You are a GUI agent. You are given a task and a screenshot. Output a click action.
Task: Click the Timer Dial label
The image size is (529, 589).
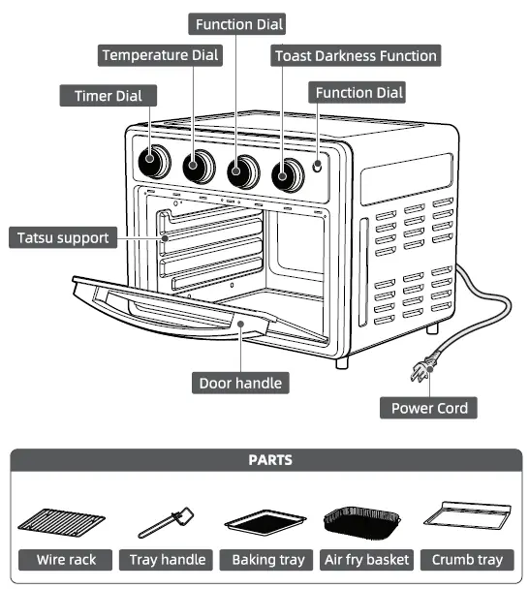pyautogui.click(x=108, y=95)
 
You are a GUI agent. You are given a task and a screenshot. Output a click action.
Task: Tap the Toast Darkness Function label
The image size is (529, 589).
pyautogui.click(x=355, y=56)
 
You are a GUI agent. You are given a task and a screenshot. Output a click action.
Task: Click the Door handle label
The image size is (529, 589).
pyautogui.click(x=240, y=383)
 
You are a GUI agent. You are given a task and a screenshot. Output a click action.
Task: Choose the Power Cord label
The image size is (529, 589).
pyautogui.click(x=429, y=408)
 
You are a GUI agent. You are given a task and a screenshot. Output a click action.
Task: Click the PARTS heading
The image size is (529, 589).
pyautogui.click(x=264, y=460)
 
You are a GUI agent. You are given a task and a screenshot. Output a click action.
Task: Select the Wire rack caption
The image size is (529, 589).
pyautogui.click(x=64, y=559)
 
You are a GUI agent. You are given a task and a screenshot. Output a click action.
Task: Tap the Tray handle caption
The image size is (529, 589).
pyautogui.click(x=168, y=559)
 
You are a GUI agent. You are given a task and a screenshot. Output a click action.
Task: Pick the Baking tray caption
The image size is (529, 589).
pyautogui.click(x=267, y=559)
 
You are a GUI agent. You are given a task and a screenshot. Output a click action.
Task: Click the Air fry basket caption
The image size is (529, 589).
pyautogui.click(x=367, y=559)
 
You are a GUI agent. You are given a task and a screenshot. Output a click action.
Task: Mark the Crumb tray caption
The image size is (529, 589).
pyautogui.click(x=467, y=559)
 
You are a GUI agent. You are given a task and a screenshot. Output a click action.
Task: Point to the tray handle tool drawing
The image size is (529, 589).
pyautogui.click(x=167, y=522)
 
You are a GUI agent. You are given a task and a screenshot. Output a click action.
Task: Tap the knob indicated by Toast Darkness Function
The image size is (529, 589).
pyautogui.click(x=286, y=174)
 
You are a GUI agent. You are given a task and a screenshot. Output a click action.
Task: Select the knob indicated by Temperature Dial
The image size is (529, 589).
pyautogui.click(x=199, y=167)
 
